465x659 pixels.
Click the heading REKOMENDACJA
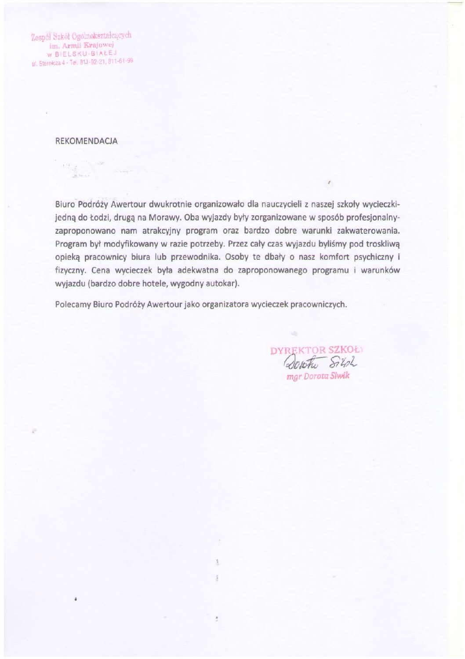pyautogui.click(x=86, y=141)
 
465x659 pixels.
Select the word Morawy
pyautogui.click(x=165, y=217)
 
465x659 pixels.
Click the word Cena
pyautogui.click(x=100, y=270)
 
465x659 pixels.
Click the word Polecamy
pyautogui.click(x=73, y=304)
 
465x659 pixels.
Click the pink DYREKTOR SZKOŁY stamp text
pyautogui.click(x=316, y=350)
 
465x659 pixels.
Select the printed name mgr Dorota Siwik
pyautogui.click(x=318, y=376)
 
